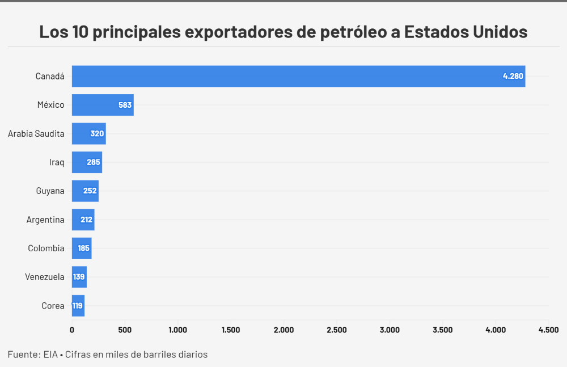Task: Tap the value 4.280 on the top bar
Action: click(x=513, y=76)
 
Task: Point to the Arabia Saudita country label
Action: click(x=36, y=134)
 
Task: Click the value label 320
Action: click(x=97, y=134)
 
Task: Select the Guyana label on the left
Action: click(x=50, y=191)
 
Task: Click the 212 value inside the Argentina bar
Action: click(x=86, y=220)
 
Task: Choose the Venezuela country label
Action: click(x=44, y=277)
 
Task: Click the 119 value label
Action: click(x=78, y=306)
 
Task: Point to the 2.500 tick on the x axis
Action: click(x=336, y=330)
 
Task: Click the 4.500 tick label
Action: click(x=548, y=330)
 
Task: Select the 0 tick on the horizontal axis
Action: click(x=72, y=330)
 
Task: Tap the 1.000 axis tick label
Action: click(x=177, y=330)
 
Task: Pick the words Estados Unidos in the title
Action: click(x=466, y=32)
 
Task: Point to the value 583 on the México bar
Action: click(x=125, y=105)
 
